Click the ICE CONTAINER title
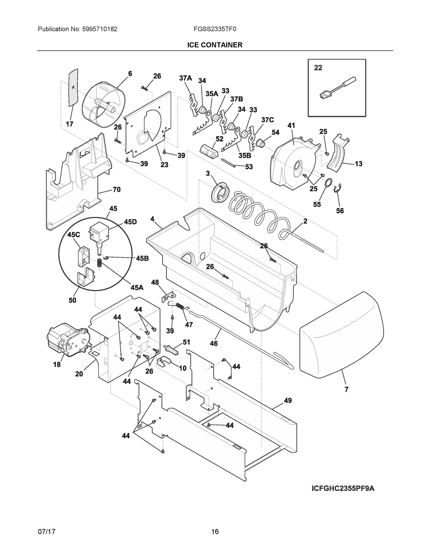[215, 45]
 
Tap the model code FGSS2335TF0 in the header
[215, 29]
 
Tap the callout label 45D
[130, 222]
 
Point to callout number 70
[116, 190]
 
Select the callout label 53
[249, 167]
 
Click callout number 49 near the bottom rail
[288, 401]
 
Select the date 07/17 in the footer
[46, 532]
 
